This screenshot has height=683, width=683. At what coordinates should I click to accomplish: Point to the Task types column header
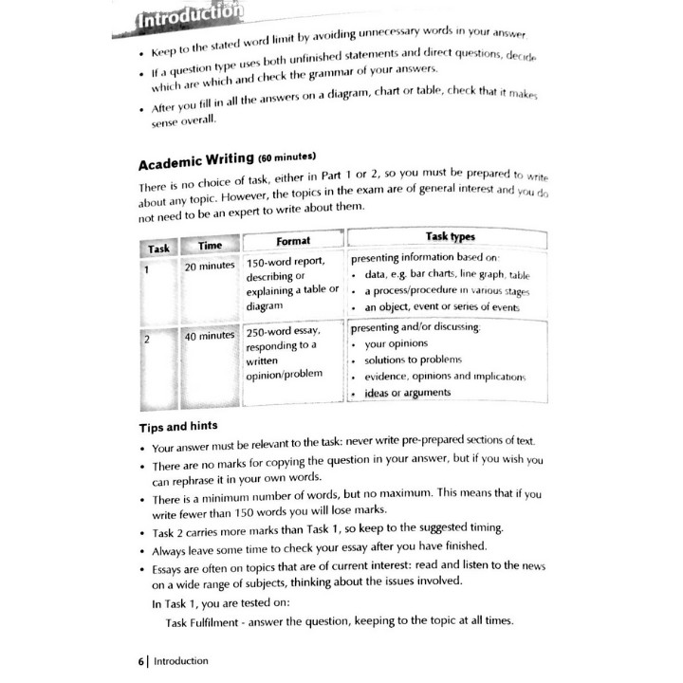(x=451, y=236)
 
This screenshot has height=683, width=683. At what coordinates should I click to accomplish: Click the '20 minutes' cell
(x=211, y=267)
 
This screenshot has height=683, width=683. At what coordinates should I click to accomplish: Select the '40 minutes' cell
(x=209, y=337)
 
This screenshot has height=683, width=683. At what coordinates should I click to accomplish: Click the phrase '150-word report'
(x=286, y=263)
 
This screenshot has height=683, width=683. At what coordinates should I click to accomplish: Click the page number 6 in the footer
(x=140, y=660)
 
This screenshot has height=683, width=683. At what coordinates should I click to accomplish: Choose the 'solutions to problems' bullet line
(x=413, y=360)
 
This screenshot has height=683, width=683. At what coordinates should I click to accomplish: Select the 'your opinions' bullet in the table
(x=396, y=343)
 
